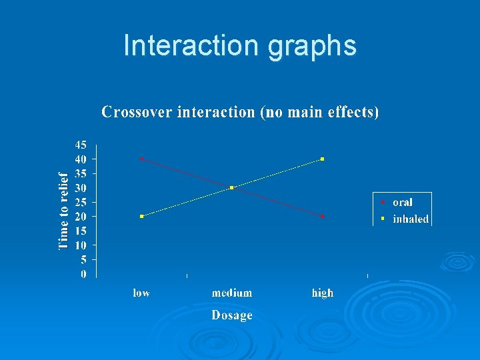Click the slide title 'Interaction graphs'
[x=240, y=46]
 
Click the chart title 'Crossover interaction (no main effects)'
[x=240, y=112]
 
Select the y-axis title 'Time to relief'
[x=64, y=210]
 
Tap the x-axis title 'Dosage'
[x=232, y=315]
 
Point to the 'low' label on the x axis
[x=141, y=293]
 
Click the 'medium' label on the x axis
[x=232, y=293]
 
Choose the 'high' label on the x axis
[x=323, y=293]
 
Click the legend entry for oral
[x=402, y=203]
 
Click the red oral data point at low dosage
[x=142, y=159]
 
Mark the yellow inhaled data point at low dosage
[x=142, y=217]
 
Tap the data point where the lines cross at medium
[x=231, y=188]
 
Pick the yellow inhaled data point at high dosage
[x=323, y=159]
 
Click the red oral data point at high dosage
[x=323, y=217]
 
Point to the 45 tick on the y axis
[x=81, y=145]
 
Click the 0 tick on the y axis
[x=83, y=274]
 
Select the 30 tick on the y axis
[x=81, y=188]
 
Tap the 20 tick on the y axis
[x=81, y=217]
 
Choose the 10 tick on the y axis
[x=81, y=245]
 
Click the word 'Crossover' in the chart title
[x=137, y=112]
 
